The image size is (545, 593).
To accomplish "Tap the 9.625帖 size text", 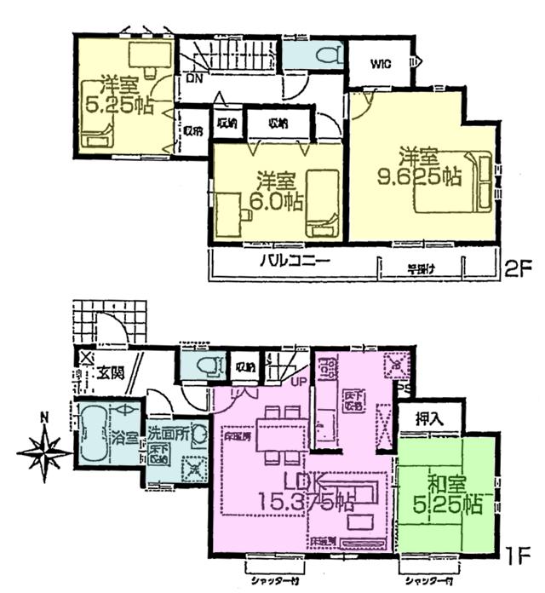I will click(x=420, y=178).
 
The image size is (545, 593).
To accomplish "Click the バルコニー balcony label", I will click(x=295, y=262).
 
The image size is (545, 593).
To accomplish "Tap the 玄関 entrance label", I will click(x=110, y=371).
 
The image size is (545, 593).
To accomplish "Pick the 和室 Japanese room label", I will click(x=445, y=486).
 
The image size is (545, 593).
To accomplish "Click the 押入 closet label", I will click(x=428, y=418).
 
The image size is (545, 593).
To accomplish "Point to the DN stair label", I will click(x=193, y=79).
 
